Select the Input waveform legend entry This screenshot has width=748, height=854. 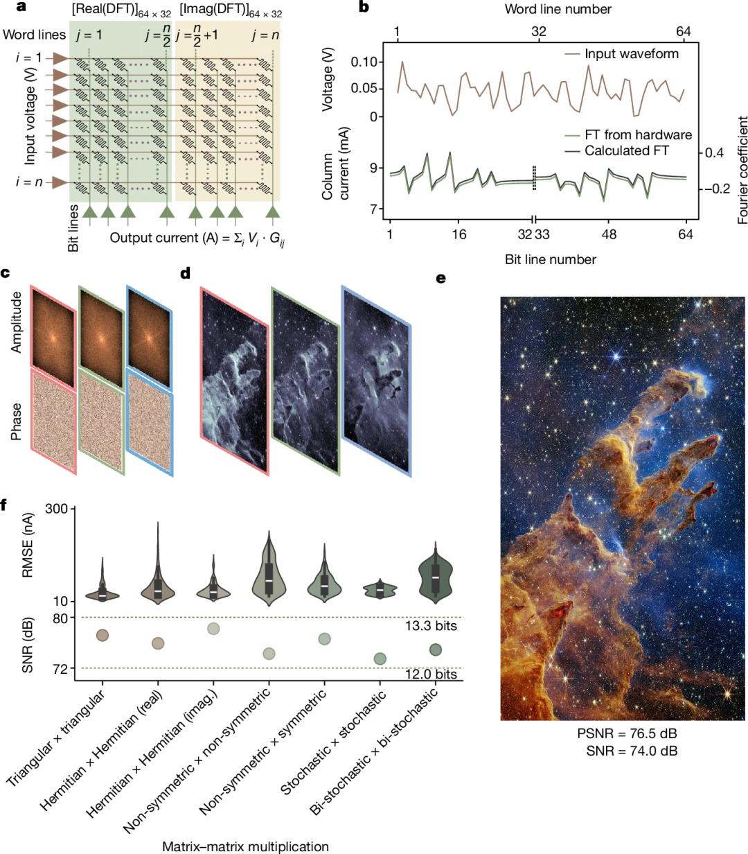coord(631,53)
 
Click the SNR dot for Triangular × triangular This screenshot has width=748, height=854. coord(103,635)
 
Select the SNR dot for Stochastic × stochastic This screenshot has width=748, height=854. coord(380,659)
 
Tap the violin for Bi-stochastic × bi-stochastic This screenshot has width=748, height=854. coord(436,572)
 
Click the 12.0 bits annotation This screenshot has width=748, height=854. coord(431,674)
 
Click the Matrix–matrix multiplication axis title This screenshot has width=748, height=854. coord(245,846)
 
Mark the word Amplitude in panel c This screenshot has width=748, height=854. coord(17,322)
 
